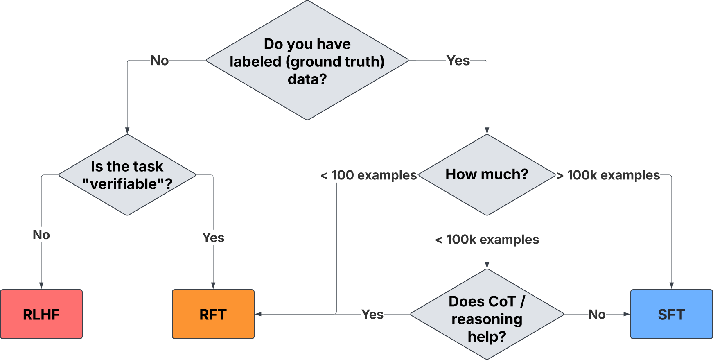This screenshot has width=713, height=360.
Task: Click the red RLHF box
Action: (x=41, y=314)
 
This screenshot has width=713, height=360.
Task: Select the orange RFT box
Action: (x=213, y=314)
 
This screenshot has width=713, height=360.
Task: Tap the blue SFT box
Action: (x=671, y=314)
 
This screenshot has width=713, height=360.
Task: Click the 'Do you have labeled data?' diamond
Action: (x=307, y=61)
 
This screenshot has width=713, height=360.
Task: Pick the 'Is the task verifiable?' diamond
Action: (x=127, y=175)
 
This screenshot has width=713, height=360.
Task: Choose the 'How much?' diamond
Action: (x=487, y=175)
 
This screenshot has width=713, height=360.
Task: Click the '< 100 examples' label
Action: (x=368, y=175)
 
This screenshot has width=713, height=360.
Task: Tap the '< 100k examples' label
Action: (x=487, y=240)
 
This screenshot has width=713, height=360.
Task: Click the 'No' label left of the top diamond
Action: (x=160, y=61)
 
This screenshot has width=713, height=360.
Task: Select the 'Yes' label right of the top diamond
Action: (x=458, y=61)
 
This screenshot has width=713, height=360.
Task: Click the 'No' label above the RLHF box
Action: (x=41, y=235)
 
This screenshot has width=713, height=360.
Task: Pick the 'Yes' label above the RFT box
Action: (x=213, y=238)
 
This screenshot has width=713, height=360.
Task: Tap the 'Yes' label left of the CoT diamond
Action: (x=372, y=315)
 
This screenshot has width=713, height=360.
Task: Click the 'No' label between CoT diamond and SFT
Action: (x=597, y=315)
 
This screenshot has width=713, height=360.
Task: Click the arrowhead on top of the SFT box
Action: (x=671, y=285)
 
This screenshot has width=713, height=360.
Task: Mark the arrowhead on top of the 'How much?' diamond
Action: (x=487, y=131)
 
